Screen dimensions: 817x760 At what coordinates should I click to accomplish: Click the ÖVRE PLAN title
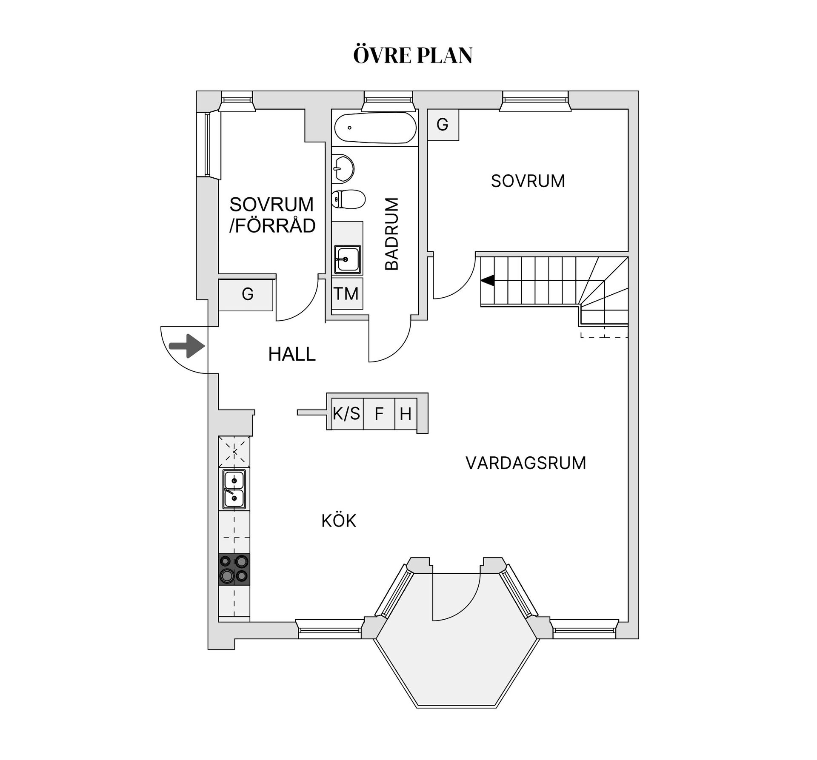(413, 55)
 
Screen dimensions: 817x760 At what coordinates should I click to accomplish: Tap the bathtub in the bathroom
(375, 128)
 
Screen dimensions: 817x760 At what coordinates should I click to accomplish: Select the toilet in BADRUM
(349, 199)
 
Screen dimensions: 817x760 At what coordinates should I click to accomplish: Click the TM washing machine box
(347, 293)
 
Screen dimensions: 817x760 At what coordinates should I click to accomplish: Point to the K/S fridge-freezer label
(346, 413)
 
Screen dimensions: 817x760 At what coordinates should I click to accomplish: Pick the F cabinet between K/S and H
(379, 413)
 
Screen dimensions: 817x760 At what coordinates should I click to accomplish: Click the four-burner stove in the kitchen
(234, 569)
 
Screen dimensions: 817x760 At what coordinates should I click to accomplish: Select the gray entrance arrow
(187, 346)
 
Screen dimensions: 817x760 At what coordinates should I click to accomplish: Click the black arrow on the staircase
(488, 281)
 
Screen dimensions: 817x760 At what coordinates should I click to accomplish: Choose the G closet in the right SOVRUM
(443, 125)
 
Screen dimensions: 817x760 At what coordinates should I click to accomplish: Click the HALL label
(292, 354)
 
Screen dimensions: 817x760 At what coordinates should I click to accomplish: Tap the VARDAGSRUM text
(526, 463)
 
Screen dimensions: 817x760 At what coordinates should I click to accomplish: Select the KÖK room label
(339, 520)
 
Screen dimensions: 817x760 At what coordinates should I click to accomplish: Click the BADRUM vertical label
(391, 233)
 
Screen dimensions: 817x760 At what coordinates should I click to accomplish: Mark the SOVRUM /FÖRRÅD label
(272, 215)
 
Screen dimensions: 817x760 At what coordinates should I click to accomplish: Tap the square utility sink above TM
(348, 259)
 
